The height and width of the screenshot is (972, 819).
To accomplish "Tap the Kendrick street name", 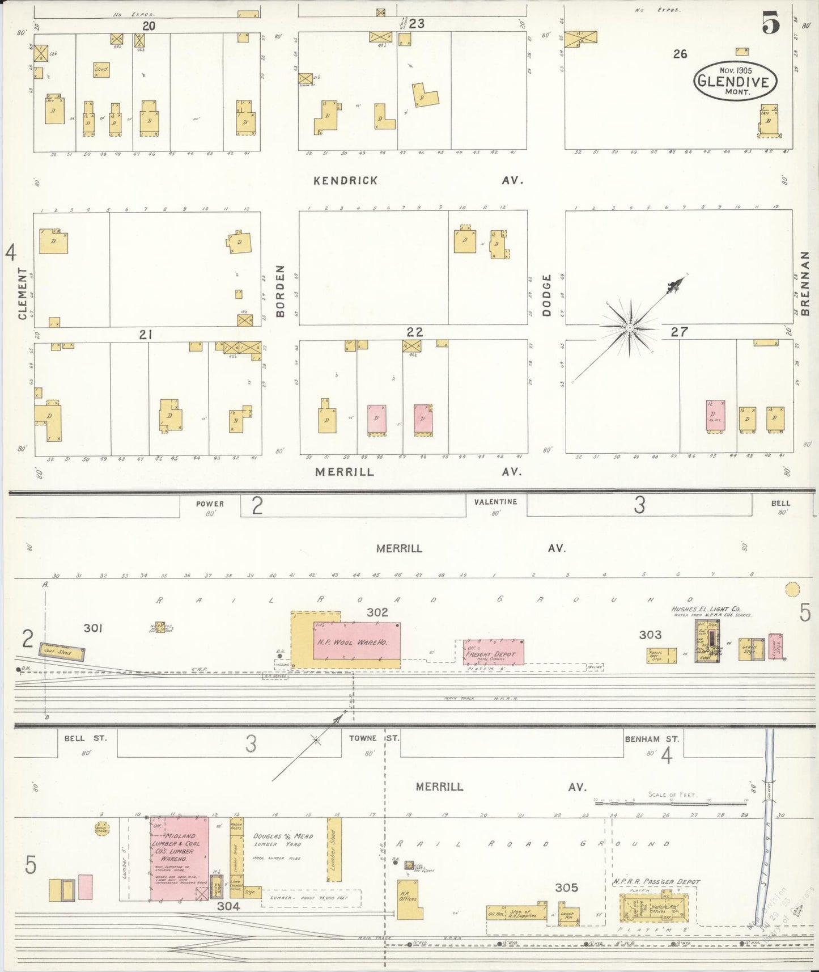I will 346,180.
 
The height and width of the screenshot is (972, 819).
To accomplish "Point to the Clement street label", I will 23,293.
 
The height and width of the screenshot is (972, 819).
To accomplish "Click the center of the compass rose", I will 630,328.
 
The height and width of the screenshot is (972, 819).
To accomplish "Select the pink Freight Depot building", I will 494,652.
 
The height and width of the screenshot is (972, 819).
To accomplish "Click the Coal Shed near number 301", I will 62,652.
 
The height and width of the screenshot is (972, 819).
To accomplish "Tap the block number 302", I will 377,612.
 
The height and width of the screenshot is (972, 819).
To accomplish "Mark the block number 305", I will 566,888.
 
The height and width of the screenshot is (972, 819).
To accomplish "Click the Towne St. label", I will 371,738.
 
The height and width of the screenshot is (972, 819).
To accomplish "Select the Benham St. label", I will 651,739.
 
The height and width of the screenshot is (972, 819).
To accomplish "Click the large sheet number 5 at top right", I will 771,24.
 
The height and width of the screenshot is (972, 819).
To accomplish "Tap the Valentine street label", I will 496,502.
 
